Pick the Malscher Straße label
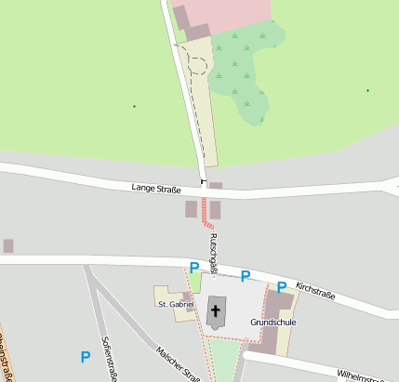[x=178, y=362]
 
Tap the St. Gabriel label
[x=176, y=304]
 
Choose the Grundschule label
[x=273, y=322]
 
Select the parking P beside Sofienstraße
[x=86, y=356]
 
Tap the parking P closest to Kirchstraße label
[x=281, y=287]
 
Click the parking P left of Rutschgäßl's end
[x=194, y=268]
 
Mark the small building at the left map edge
[x=8, y=245]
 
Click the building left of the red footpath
[x=192, y=209]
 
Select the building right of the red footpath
[x=215, y=209]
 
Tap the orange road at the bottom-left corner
[x=3, y=362]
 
